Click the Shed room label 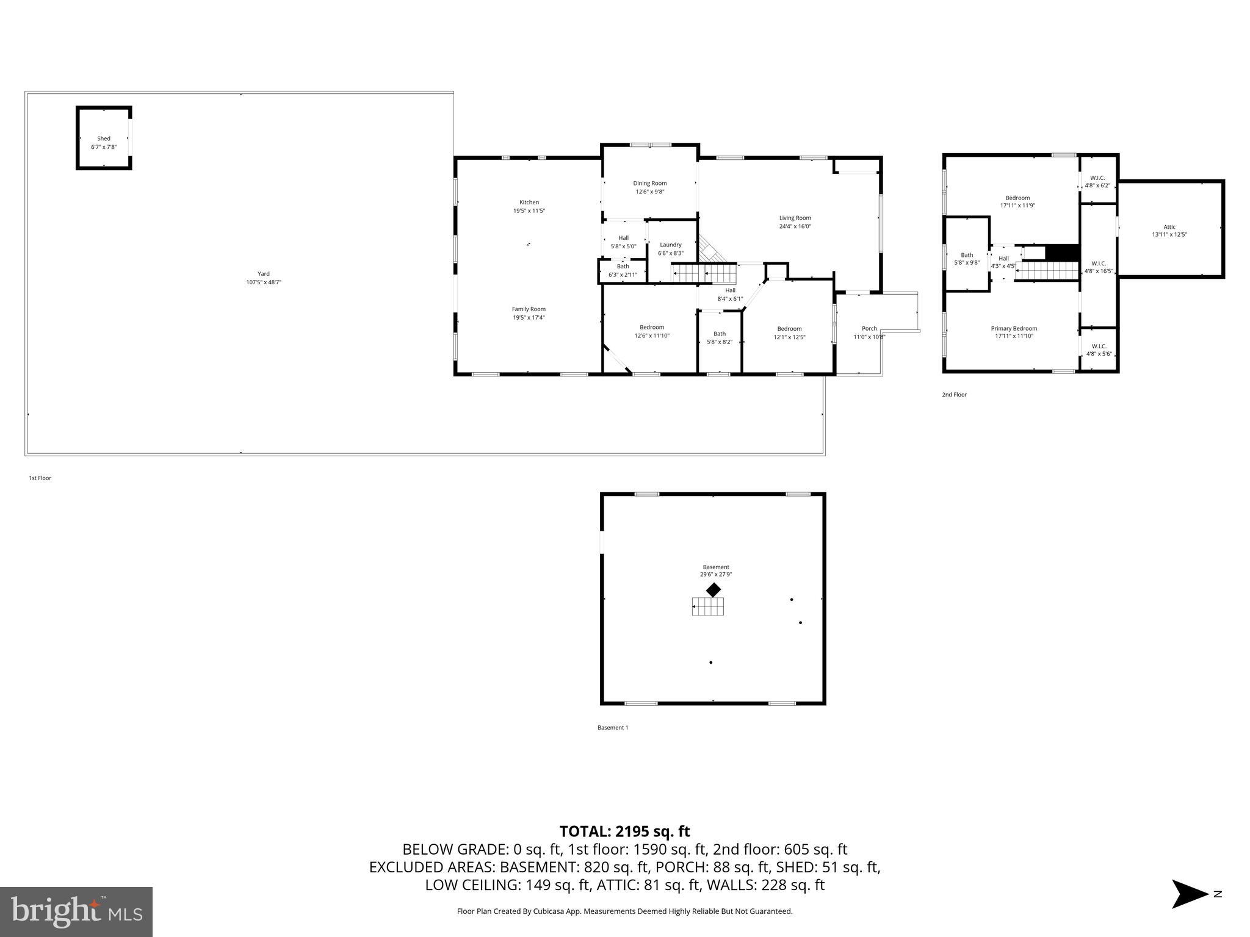104,138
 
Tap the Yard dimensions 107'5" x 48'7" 263,282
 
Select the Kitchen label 529,203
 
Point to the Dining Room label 649,183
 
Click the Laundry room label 670,245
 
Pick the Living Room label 795,218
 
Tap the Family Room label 529,309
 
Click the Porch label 869,329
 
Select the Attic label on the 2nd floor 1169,227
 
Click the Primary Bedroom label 1014,329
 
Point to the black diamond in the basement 714,590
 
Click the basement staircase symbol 708,606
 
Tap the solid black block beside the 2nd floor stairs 1063,252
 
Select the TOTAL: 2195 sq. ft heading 624,831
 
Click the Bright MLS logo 76,912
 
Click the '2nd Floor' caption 954,395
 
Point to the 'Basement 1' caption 612,727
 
